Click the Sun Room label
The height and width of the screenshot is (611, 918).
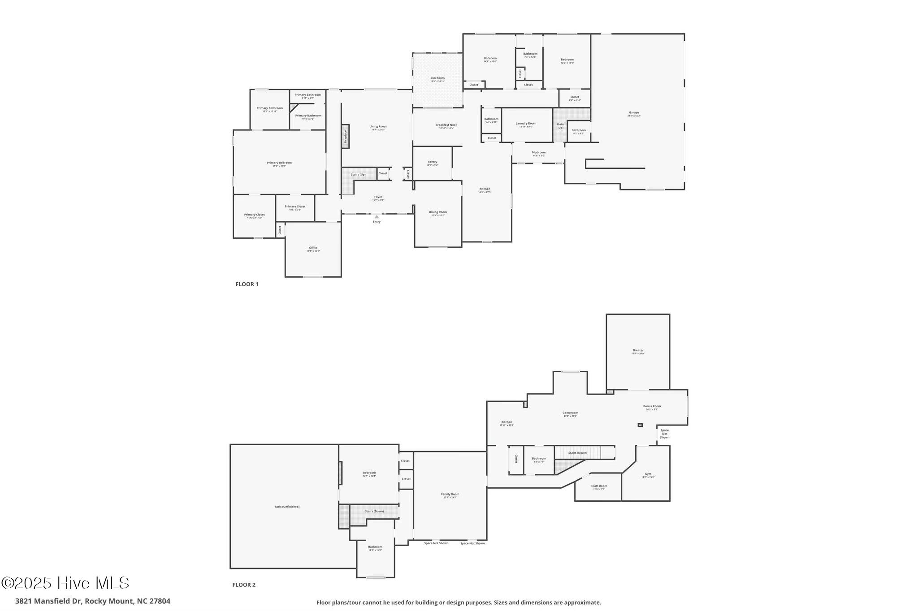tap(437, 78)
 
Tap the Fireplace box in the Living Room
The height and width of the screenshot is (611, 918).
tap(345, 136)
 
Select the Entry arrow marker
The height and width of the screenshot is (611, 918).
tap(377, 217)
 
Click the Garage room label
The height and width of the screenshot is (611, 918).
tap(633, 113)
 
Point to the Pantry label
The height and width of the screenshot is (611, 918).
tap(432, 162)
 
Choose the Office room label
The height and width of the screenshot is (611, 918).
tap(313, 248)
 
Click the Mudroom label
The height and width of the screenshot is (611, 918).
tap(538, 153)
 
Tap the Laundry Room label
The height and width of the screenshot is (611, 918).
tap(526, 124)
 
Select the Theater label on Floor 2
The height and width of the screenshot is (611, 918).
tap(638, 351)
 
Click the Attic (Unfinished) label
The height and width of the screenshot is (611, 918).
tap(287, 507)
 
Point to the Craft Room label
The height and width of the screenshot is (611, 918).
tap(599, 486)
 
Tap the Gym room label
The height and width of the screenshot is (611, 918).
tap(648, 474)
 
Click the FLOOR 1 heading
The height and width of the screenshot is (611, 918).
tap(247, 284)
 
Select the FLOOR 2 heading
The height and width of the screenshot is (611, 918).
tap(243, 585)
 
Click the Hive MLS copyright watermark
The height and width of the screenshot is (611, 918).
tap(65, 583)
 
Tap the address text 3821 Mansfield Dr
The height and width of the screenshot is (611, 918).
tap(92, 601)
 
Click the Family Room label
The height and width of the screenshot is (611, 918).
tap(450, 495)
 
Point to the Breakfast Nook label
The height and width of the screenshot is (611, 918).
tap(446, 125)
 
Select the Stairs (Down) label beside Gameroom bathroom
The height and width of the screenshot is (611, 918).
tap(577, 453)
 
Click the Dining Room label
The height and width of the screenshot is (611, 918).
tap(437, 212)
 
